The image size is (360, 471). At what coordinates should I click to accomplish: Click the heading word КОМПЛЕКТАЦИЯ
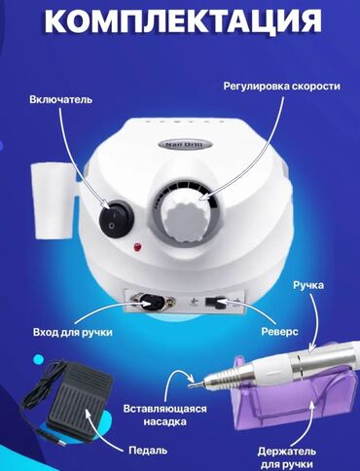coord(183,20)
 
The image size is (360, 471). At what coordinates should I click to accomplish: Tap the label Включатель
coord(60,99)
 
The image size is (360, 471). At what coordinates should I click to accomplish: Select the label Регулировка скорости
coord(282,87)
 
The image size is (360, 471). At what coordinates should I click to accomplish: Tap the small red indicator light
coord(137,247)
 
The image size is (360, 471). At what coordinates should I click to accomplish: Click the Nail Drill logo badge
coord(184,145)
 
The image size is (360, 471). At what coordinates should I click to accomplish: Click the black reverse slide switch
coord(215,303)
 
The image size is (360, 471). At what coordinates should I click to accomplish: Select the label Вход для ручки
coord(73,333)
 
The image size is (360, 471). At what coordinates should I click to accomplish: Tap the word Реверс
coord(279,332)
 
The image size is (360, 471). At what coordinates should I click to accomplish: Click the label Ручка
coord(308,285)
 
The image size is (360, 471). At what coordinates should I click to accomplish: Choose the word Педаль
coord(148,451)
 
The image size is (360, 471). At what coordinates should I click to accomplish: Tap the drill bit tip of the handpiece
coord(193,385)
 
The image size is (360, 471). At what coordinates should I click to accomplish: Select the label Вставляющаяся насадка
coord(164,415)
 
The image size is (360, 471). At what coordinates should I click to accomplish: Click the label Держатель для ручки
coord(287,458)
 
